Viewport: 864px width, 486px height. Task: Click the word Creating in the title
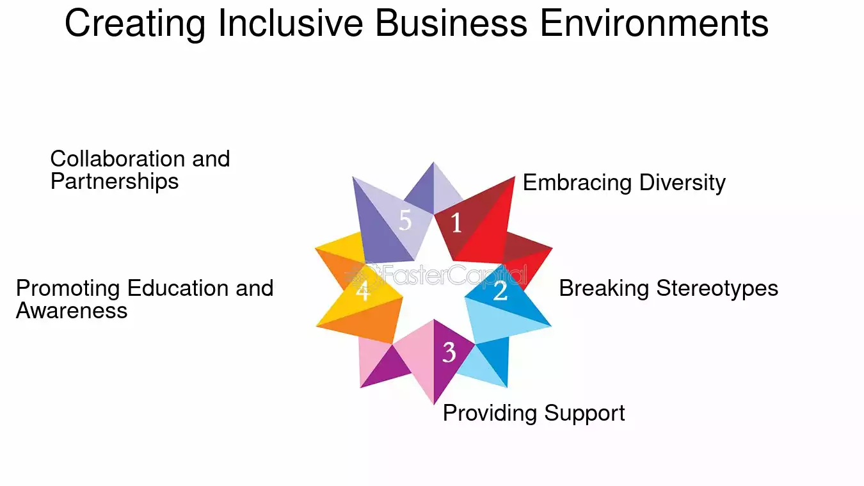click(x=135, y=24)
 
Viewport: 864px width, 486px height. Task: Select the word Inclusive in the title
click(x=291, y=23)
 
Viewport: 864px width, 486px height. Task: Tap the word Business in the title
click(x=451, y=23)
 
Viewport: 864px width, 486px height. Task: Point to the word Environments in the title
click(x=655, y=23)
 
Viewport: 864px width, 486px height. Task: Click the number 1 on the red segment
click(x=456, y=222)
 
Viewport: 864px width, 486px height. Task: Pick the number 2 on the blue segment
click(x=500, y=291)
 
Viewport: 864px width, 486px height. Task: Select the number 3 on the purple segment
click(x=449, y=352)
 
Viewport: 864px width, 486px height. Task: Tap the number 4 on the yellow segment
click(x=363, y=291)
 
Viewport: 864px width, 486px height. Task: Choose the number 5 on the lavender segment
click(x=405, y=220)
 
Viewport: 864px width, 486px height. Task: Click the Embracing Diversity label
click(x=624, y=182)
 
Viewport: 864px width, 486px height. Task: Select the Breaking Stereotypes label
click(x=668, y=288)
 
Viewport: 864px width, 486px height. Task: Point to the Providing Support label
click(x=534, y=413)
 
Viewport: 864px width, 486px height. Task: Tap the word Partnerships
click(x=115, y=181)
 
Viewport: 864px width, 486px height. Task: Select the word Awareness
click(x=72, y=311)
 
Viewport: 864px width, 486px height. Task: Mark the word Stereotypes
click(x=717, y=288)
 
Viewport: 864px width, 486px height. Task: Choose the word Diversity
click(x=682, y=182)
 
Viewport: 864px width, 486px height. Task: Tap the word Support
click(x=584, y=414)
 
